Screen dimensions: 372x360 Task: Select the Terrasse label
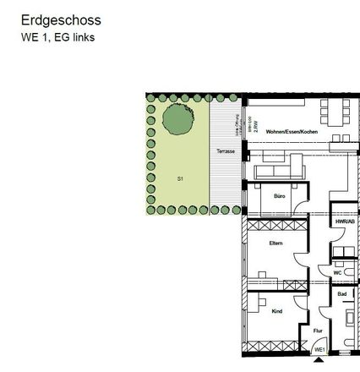[224, 151]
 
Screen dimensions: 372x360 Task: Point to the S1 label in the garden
[180, 178]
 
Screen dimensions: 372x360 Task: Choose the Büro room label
[279, 196]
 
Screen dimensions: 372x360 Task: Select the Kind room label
[276, 311]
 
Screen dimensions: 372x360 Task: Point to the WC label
[336, 272]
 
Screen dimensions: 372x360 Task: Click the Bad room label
[341, 293]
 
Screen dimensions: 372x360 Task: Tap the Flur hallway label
[317, 331]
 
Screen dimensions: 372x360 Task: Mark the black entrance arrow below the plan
[318, 358]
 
